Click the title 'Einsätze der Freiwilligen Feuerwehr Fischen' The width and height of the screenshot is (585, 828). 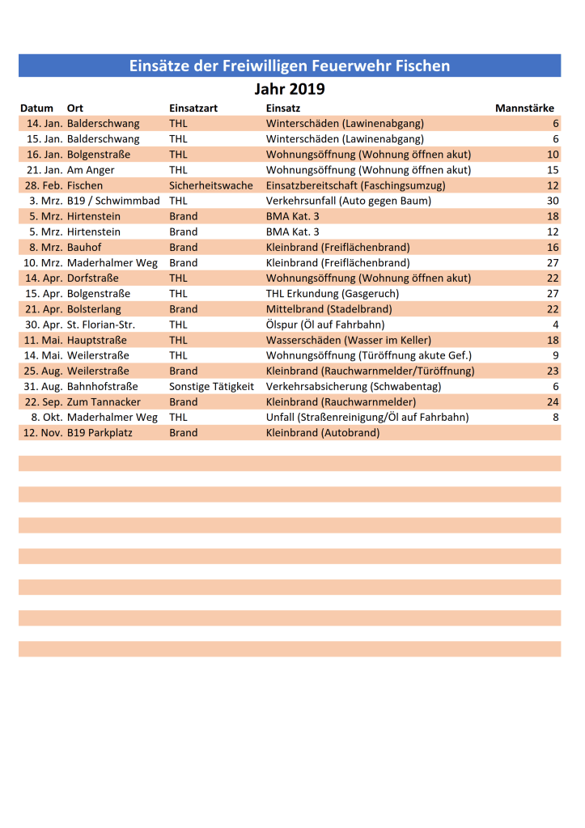pyautogui.click(x=290, y=66)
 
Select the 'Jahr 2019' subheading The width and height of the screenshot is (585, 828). pyautogui.click(x=290, y=89)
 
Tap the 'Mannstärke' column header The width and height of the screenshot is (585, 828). pyautogui.click(x=524, y=108)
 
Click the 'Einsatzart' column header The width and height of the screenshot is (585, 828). pyautogui.click(x=193, y=108)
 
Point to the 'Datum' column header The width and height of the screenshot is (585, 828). pyautogui.click(x=36, y=108)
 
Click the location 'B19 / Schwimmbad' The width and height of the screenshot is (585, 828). pyautogui.click(x=113, y=201)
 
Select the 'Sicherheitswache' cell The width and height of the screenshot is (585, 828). pyautogui.click(x=211, y=185)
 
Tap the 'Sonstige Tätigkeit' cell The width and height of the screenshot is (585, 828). pyautogui.click(x=211, y=387)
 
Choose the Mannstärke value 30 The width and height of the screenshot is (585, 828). pyautogui.click(x=553, y=201)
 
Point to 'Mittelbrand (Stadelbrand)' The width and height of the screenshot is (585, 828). pyautogui.click(x=329, y=309)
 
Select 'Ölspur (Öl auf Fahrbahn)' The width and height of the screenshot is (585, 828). pyautogui.click(x=325, y=325)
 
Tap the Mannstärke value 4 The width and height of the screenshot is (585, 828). pyautogui.click(x=556, y=325)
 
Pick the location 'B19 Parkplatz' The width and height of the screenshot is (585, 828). pyautogui.click(x=100, y=433)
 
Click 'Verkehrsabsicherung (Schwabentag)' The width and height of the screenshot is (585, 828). pyautogui.click(x=354, y=387)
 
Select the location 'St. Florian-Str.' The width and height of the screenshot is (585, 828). pyautogui.click(x=101, y=325)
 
